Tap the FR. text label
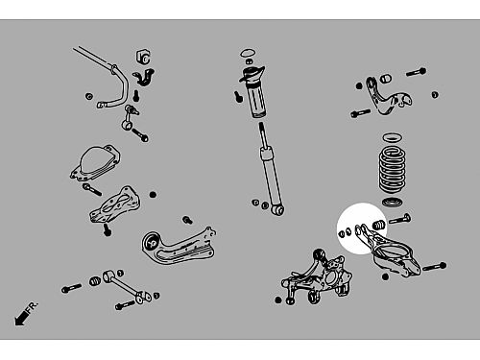tap(33, 306)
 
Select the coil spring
tap(393, 170)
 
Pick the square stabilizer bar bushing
tap(143, 57)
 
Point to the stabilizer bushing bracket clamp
tap(144, 78)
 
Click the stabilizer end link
tap(131, 117)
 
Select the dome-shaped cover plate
tap(95, 162)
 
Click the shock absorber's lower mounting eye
tap(278, 210)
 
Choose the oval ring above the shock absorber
tap(248, 52)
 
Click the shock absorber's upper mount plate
tap(252, 75)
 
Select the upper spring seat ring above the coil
tap(393, 138)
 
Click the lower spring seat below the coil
tap(393, 203)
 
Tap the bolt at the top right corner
tap(416, 72)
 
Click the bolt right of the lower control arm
tap(435, 267)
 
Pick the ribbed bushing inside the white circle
tap(378, 225)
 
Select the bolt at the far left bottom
tap(71, 288)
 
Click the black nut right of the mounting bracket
tap(153, 194)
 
